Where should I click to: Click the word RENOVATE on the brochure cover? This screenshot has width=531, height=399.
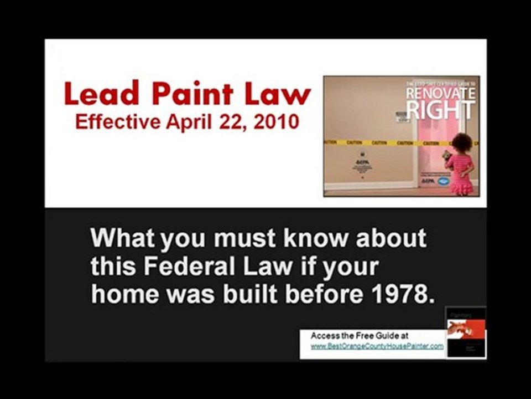click(440, 94)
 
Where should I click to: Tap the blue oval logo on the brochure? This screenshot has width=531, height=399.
click(442, 181)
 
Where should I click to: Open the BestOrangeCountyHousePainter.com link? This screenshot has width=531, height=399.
click(377, 346)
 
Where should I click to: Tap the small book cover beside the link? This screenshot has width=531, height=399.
click(466, 333)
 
